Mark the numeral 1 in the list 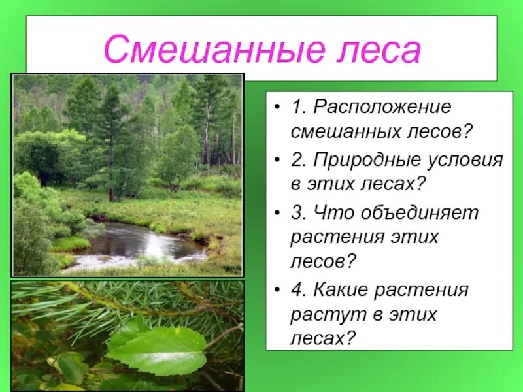point(297,106)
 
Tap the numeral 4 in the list point(297,289)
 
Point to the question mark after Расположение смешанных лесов point(467,133)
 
